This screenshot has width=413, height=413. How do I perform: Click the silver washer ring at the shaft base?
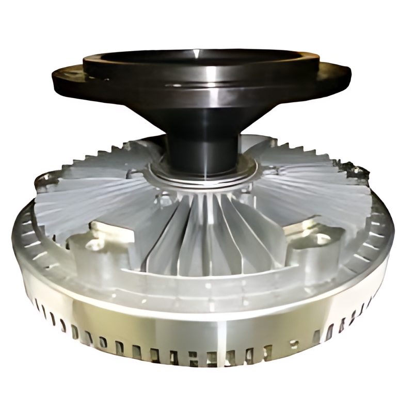coord(204,176)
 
